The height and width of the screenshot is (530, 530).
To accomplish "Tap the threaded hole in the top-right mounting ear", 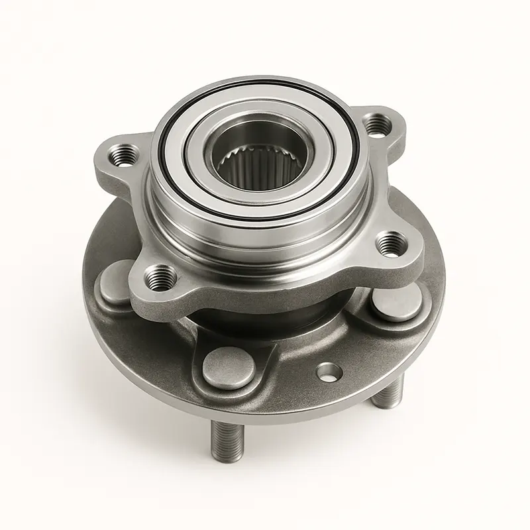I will pos(377,125).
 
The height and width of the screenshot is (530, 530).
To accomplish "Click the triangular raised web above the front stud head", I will pos(229,335).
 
